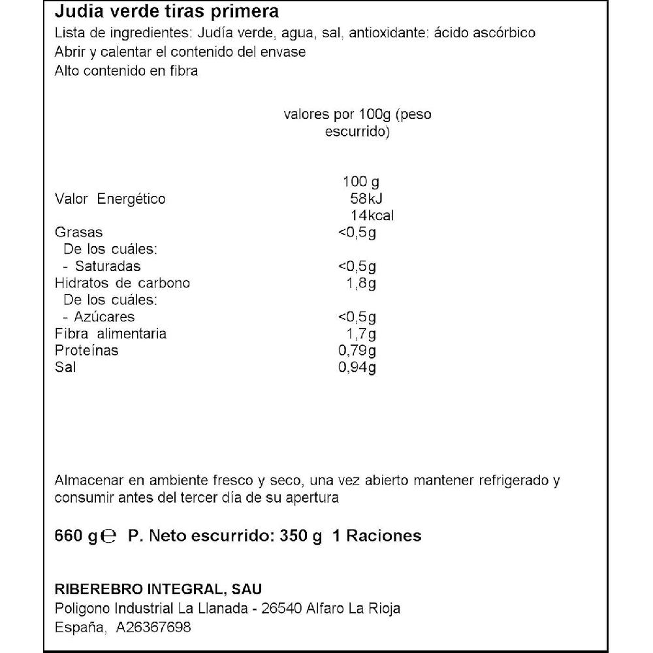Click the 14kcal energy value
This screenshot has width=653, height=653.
pyautogui.click(x=372, y=215)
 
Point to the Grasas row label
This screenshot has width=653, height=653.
pyautogui.click(x=79, y=232)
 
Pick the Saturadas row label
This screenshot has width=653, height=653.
pyautogui.click(x=108, y=266)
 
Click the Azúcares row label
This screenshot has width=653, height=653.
pyautogui.click(x=105, y=317)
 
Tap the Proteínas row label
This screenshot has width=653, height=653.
pyautogui.click(x=87, y=351)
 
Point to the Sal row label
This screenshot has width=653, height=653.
pyautogui.click(x=65, y=368)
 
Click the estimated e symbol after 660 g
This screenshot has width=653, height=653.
pyautogui.click(x=110, y=537)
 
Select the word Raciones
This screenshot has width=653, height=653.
pyautogui.click(x=384, y=536)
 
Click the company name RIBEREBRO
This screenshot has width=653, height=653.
pyautogui.click(x=97, y=589)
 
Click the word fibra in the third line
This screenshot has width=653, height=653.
pyautogui.click(x=182, y=71)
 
